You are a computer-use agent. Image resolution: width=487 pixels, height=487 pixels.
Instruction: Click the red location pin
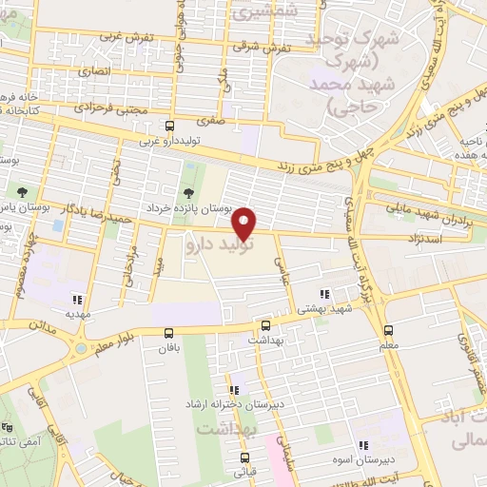pyautogui.click(x=245, y=222)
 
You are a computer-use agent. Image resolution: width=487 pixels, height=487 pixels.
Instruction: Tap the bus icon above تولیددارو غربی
pyautogui.click(x=169, y=127)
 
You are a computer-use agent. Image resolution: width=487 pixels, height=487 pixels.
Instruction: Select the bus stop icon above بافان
pyautogui.click(x=168, y=333)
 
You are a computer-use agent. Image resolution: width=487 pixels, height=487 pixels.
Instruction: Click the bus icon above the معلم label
pyautogui.click(x=388, y=330)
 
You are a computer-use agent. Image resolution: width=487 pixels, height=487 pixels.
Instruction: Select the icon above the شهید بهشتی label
pyautogui.click(x=325, y=294)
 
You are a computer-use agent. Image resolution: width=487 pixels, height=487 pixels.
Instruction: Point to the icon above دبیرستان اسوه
pyautogui.click(x=362, y=445)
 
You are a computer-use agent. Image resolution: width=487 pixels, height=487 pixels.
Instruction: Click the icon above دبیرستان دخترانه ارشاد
pyautogui.click(x=233, y=390)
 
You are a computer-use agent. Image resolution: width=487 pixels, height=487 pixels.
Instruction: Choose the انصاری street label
pyautogui.click(x=97, y=71)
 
